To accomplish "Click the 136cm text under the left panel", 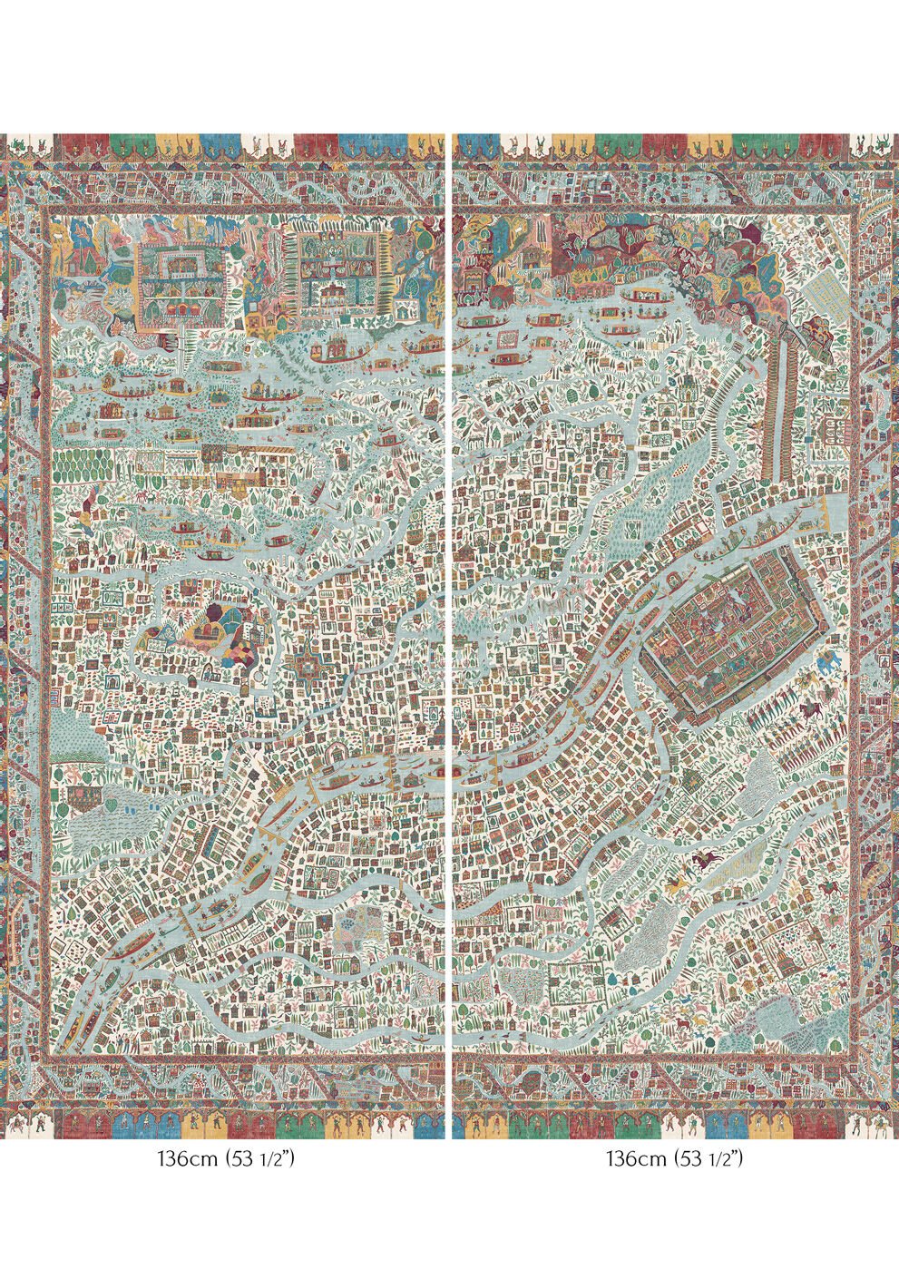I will [186, 1159].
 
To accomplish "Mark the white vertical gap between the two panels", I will [449, 635].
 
